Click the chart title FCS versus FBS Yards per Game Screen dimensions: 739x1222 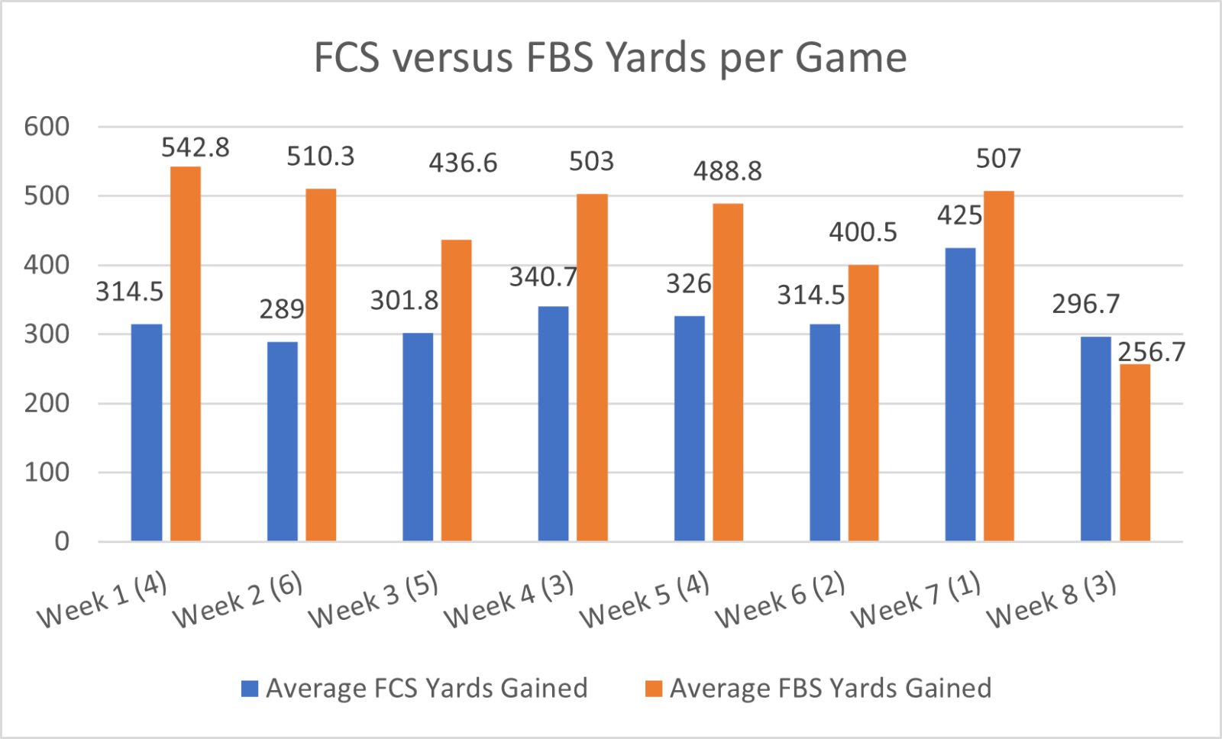tap(610, 58)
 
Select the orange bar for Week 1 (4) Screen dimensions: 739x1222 tap(186, 354)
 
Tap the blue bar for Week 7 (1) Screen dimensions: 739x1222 tap(960, 395)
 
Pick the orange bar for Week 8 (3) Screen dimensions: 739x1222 tap(1135, 453)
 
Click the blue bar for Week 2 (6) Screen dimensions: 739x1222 tap(283, 441)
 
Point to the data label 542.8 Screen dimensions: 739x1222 tap(196, 147)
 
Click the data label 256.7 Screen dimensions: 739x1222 tap(1152, 352)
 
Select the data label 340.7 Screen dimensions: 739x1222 tap(543, 277)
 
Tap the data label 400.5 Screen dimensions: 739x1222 tap(863, 232)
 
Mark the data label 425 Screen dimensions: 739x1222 tap(959, 216)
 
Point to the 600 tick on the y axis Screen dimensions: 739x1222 tap(47, 127)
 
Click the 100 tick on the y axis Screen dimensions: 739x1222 tap(47, 473)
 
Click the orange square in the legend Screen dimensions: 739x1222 tap(654, 689)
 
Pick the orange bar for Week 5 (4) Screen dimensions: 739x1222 tap(728, 373)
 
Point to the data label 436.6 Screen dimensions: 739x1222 tap(463, 163)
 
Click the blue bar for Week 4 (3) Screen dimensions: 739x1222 tap(553, 424)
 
